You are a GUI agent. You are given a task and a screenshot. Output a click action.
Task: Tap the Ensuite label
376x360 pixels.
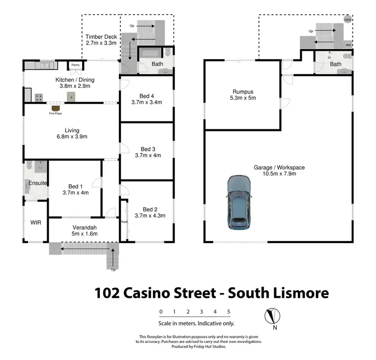click(38, 183)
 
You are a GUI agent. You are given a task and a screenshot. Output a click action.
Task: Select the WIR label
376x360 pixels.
click(36, 221)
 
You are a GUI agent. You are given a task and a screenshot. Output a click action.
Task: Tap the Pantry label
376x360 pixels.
click(75, 65)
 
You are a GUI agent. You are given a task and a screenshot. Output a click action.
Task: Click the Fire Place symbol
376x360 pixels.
click(56, 108)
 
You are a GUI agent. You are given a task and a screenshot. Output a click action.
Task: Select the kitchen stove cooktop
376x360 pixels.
click(38, 97)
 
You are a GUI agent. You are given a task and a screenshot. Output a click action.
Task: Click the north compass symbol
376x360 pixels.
click(271, 317)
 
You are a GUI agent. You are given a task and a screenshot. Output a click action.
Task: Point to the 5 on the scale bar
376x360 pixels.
click(229, 311)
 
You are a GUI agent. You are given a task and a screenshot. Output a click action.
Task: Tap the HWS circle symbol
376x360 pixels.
click(347, 20)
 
